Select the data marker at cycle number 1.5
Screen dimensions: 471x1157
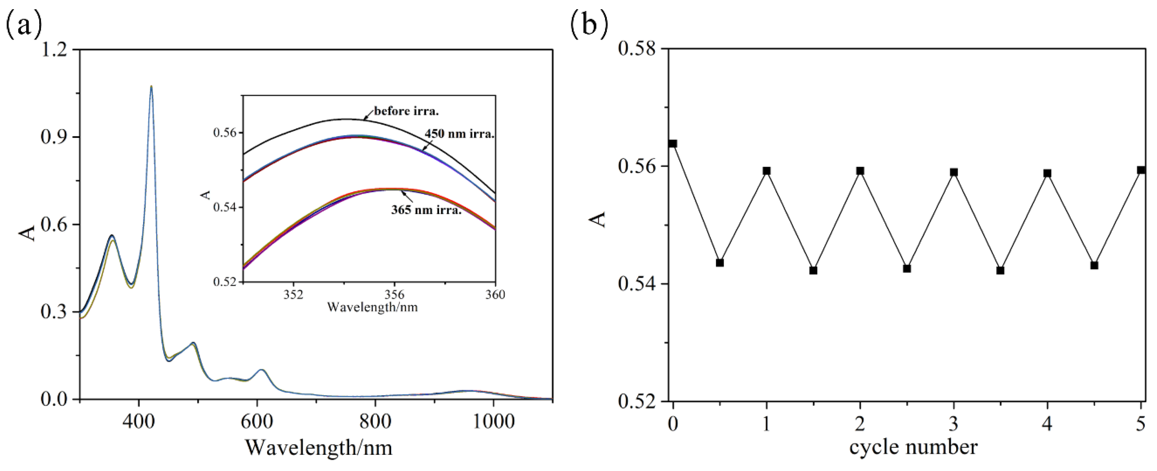[x=813, y=271]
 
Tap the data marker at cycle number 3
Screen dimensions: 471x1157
[x=954, y=172]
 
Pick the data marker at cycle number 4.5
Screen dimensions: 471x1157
[x=1094, y=266]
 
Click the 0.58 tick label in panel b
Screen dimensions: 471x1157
[x=637, y=49]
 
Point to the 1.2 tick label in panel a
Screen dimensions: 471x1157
[x=54, y=49]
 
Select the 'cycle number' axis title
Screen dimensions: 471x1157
[x=913, y=447]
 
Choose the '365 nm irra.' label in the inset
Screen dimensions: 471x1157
[x=426, y=210]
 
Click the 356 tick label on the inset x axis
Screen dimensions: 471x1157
[x=394, y=295]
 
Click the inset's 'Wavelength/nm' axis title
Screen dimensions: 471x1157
[x=373, y=307]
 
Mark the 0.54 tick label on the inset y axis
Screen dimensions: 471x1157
[x=226, y=208]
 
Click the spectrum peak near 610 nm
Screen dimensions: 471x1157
[x=262, y=370]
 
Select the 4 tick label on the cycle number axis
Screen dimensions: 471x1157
[x=1047, y=424]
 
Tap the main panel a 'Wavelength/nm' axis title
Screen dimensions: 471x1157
[x=319, y=448]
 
